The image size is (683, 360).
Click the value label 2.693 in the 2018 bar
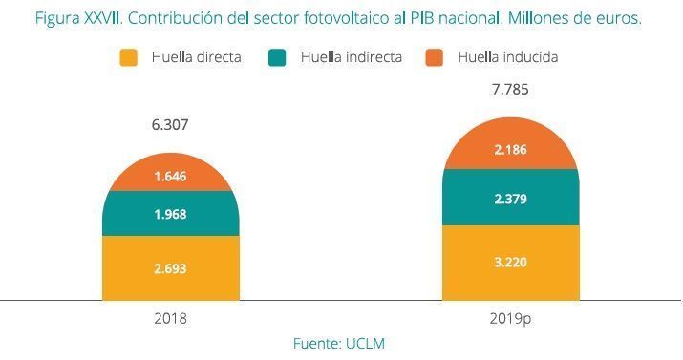170,270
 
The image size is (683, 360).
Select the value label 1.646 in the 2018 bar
170,176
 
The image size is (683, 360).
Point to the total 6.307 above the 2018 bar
170,124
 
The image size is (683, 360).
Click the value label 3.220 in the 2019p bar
510,262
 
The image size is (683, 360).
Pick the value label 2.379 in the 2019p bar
510,199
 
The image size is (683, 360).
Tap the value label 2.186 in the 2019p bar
510,149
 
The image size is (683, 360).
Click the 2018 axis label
170,317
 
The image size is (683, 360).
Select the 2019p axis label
510,317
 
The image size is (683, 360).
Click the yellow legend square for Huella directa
129,57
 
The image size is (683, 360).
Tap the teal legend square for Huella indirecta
278,57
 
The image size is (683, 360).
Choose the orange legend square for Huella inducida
436,57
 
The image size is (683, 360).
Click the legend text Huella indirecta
351,57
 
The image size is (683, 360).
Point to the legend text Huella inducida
507,57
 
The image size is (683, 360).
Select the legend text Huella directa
196,57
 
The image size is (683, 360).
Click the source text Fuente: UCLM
340,342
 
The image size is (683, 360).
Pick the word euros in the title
617,18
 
